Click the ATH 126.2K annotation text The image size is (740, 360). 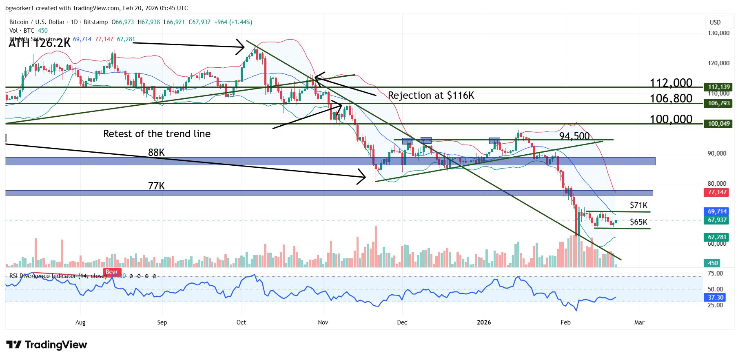point(40,43)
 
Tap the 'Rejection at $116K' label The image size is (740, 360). point(431,96)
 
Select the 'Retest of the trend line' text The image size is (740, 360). point(157,134)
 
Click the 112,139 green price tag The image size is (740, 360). point(718,87)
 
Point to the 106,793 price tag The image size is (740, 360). point(718,103)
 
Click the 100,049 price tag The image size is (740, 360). point(718,124)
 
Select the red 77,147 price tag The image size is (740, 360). point(717,192)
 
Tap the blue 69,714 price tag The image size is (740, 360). point(717,211)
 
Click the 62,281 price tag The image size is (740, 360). point(717,237)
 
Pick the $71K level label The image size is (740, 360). point(638,205)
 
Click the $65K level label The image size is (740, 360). point(638,222)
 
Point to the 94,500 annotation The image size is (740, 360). point(574,136)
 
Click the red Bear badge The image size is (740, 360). point(112,272)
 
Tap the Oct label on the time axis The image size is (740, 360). point(241,322)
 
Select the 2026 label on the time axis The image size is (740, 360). point(484,322)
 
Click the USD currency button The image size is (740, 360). point(715,22)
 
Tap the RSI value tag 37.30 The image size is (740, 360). point(716,298)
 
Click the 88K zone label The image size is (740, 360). point(156,153)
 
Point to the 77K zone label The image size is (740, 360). point(156,186)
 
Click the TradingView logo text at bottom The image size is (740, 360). point(47,345)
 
